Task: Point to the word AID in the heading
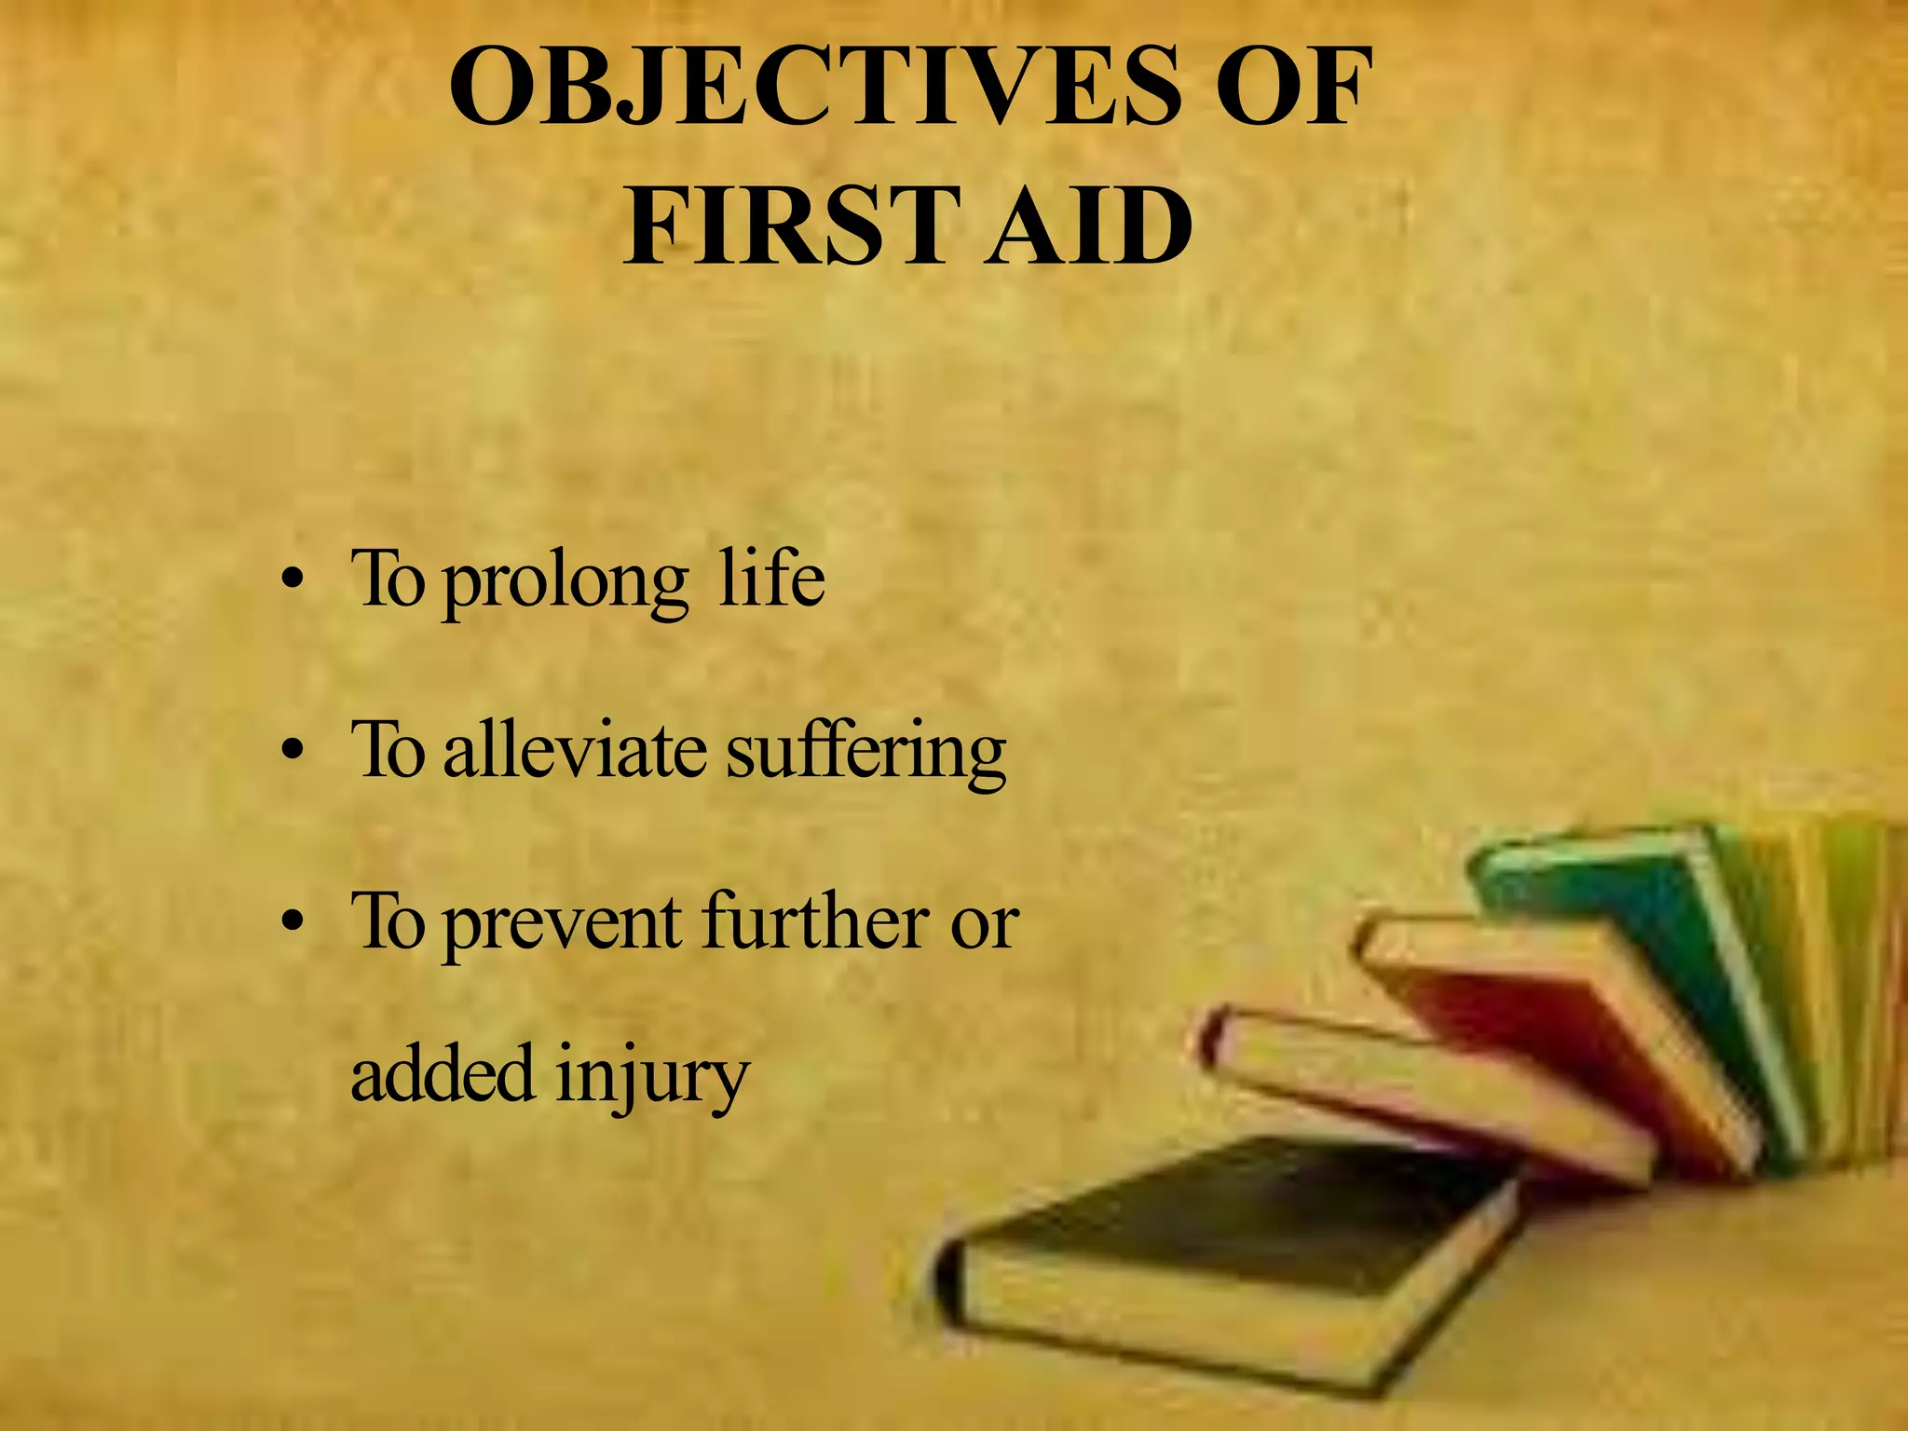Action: coord(1090,226)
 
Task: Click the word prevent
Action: coord(563,924)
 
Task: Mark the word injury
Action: coord(652,1077)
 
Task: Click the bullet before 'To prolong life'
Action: coord(293,584)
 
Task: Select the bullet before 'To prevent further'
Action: coord(293,922)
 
